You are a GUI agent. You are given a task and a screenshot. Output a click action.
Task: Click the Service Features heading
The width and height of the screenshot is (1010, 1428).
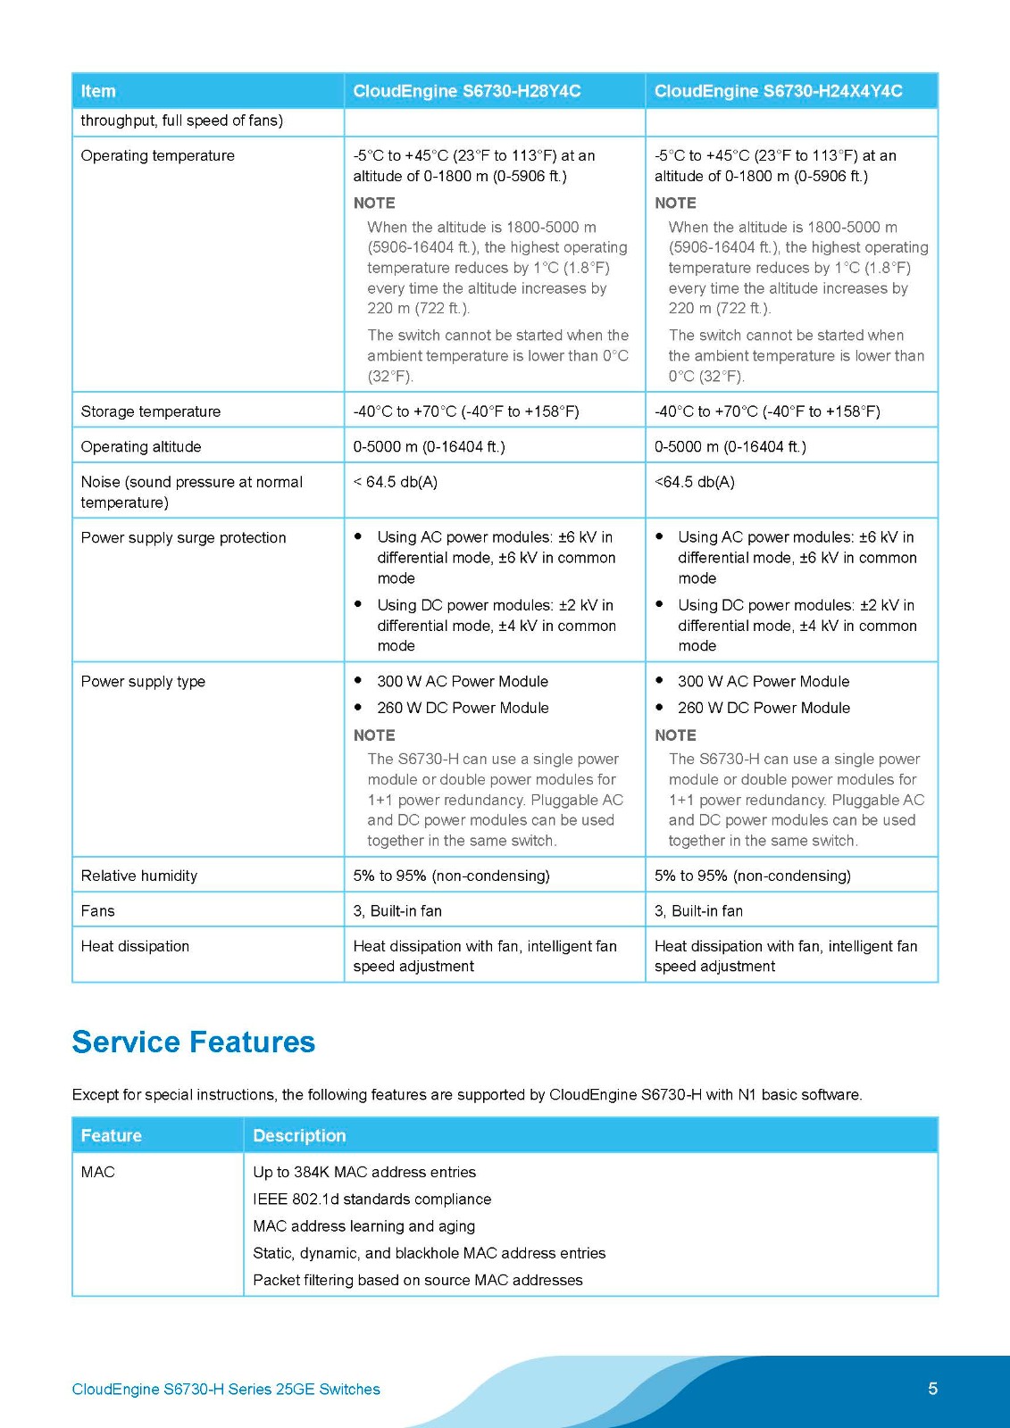[193, 1042]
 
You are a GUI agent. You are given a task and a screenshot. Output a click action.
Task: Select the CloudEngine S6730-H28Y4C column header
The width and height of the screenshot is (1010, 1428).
[466, 91]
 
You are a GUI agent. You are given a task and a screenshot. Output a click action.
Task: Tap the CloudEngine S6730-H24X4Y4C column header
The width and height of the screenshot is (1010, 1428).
[778, 91]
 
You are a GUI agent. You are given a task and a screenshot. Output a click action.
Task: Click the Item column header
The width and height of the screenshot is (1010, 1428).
[98, 91]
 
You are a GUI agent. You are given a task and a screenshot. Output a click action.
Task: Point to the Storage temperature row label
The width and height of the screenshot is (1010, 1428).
[150, 411]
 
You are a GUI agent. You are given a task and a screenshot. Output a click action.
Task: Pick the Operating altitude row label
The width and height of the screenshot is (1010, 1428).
[140, 446]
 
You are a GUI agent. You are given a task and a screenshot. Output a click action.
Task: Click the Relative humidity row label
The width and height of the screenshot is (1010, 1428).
[138, 876]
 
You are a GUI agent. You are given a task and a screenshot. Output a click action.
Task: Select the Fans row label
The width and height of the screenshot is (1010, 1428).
[97, 910]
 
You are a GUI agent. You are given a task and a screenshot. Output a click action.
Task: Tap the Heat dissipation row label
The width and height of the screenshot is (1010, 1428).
[135, 946]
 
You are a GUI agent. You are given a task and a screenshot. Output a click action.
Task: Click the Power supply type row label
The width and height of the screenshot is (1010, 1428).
[143, 682]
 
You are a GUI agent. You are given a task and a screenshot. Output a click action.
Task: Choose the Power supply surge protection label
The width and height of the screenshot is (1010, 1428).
[183, 537]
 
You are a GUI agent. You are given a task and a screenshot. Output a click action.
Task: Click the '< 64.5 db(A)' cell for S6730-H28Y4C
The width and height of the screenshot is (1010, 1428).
[395, 482]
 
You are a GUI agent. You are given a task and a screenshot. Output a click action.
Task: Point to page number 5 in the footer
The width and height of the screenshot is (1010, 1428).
[932, 1388]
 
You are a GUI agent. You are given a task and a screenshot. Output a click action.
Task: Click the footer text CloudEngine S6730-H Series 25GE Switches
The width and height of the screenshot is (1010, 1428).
[226, 1389]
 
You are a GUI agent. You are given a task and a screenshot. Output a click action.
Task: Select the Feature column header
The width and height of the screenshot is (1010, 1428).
[111, 1135]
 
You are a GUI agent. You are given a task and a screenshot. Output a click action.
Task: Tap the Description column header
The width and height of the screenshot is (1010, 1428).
[299, 1135]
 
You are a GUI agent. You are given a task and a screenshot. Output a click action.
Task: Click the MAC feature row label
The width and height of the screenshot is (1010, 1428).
[97, 1172]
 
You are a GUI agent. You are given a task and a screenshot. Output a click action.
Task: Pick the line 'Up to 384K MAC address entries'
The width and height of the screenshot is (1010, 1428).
[364, 1172]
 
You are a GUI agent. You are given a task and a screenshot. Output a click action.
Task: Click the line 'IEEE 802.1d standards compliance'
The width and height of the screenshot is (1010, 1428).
[371, 1199]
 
